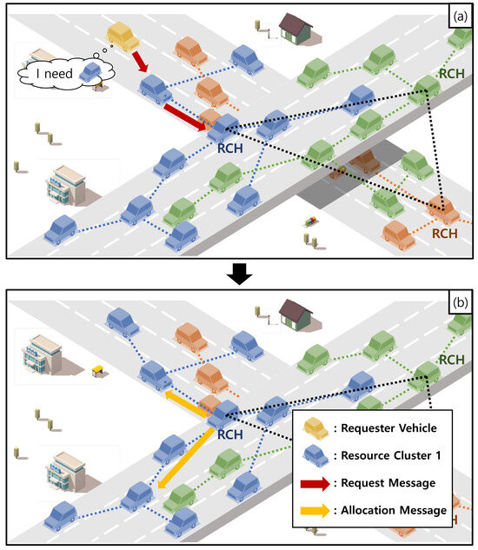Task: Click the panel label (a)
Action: click(458, 17)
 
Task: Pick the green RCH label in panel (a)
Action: click(449, 75)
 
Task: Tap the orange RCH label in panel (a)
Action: click(445, 233)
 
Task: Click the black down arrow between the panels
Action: click(238, 275)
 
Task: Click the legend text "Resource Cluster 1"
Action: click(395, 455)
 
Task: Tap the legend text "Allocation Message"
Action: click(395, 510)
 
